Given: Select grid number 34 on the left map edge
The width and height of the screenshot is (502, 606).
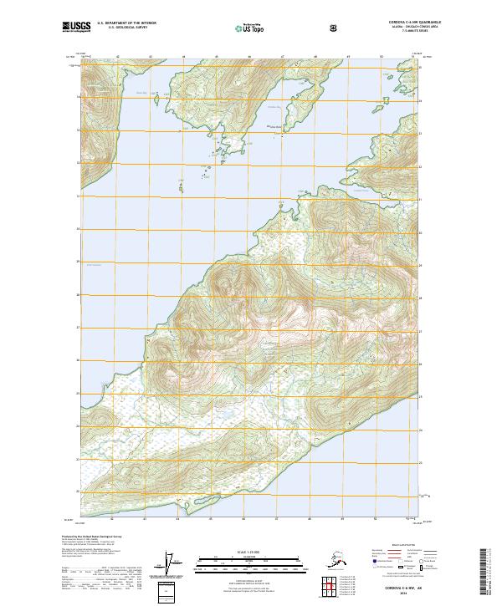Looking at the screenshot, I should [79, 97].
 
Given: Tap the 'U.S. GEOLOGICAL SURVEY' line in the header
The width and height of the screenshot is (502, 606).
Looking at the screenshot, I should [121, 28].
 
